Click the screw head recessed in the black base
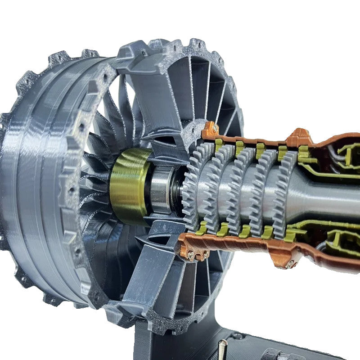coord(238,336)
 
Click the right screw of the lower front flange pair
coord(206,255)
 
